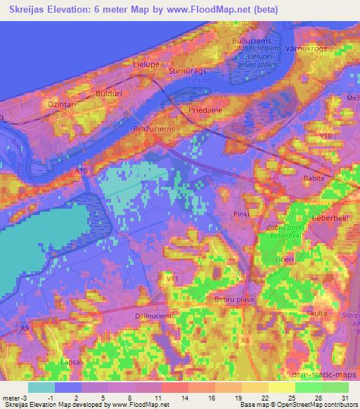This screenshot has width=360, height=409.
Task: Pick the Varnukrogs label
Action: pyautogui.click(x=307, y=49)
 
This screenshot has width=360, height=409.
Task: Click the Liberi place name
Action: pyautogui.click(x=284, y=259)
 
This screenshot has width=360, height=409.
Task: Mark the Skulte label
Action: pyautogui.click(x=317, y=313)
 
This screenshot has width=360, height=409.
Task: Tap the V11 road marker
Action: pyautogui.click(x=170, y=279)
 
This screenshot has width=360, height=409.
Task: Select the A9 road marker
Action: pyautogui.click(x=25, y=327)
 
